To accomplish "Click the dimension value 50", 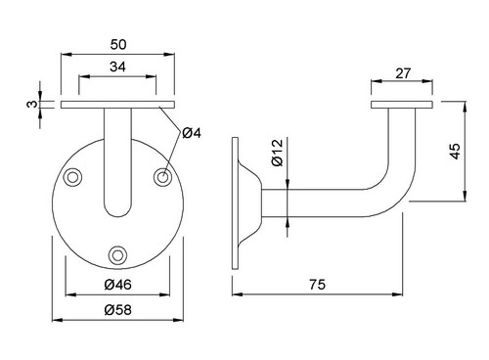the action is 118,45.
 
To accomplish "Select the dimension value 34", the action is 117,67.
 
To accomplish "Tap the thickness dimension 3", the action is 31,104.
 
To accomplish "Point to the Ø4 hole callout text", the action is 192,133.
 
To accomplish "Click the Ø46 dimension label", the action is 118,285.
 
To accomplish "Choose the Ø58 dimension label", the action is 118,310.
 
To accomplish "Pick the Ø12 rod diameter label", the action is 278,153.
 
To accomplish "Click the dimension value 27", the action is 403,73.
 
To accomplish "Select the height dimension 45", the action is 455,152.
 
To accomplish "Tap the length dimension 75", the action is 317,285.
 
